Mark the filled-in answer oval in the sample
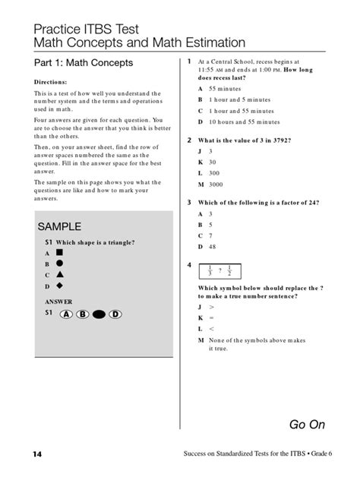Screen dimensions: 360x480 click(x=99, y=314)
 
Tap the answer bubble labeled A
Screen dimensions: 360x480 click(x=67, y=314)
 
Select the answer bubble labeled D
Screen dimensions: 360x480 click(x=116, y=314)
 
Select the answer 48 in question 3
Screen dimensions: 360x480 click(x=203, y=247)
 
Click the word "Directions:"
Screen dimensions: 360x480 click(x=52, y=82)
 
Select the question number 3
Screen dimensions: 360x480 click(x=189, y=203)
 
